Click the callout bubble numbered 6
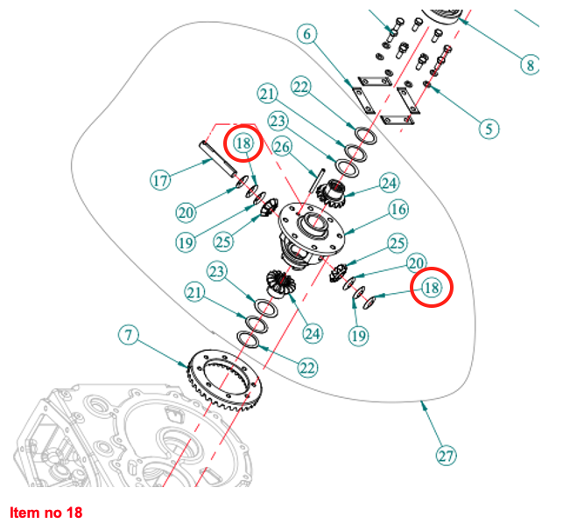pos(306,35)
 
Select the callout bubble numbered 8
pos(530,64)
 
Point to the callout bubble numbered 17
pos(159,181)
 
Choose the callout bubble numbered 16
pos(398,210)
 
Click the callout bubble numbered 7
pos(129,335)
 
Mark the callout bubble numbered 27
pos(447,456)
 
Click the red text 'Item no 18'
pos(46,512)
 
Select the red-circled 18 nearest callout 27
pos(431,287)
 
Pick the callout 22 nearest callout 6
pos(301,87)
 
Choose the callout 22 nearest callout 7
pos(306,367)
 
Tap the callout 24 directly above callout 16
pos(388,183)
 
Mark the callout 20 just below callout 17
pos(185,213)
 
